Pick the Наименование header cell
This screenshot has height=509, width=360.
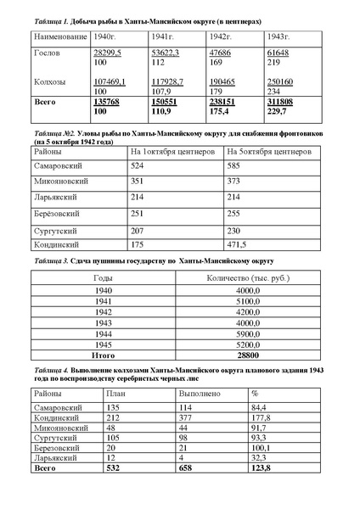click(x=58, y=38)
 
